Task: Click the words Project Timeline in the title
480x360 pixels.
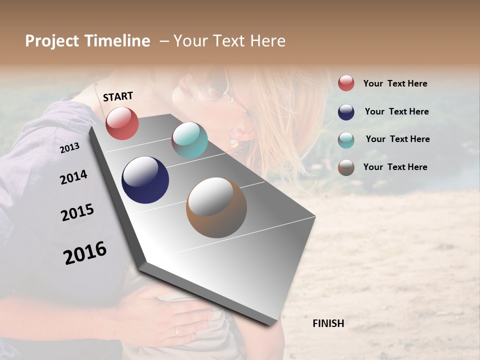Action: pos(87,41)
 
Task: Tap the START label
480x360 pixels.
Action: pos(118,96)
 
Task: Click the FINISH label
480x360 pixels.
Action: pos(328,323)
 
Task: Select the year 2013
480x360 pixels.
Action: pos(69,148)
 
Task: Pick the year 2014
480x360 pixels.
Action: pos(73,177)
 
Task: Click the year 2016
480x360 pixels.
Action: pos(85,253)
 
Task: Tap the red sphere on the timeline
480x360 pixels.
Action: pos(122,123)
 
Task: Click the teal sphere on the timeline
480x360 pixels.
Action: pos(189,140)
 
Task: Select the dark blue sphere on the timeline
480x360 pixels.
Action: pos(145,180)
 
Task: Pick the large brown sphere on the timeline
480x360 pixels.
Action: pos(216,207)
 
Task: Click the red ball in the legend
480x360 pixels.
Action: pos(346,83)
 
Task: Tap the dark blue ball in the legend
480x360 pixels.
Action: pos(346,112)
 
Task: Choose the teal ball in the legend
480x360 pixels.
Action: pos(346,140)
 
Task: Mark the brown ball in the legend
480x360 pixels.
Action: pos(346,167)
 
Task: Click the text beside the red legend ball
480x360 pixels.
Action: pos(395,83)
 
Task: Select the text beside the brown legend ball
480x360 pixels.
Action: pos(395,167)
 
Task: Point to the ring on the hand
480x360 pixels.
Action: pos(177,330)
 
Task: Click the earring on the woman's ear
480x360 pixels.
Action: pos(233,143)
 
